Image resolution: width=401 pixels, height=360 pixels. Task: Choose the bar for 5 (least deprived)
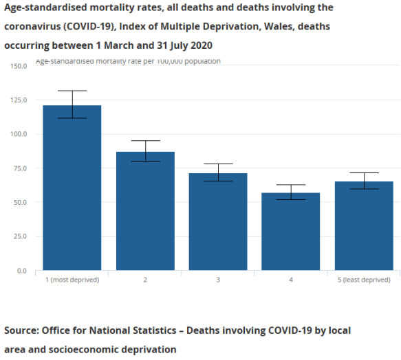pyautogui.click(x=364, y=226)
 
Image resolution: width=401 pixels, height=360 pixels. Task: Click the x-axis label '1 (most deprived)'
pyautogui.click(x=72, y=280)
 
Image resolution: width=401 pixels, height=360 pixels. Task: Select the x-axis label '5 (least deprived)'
pyautogui.click(x=364, y=280)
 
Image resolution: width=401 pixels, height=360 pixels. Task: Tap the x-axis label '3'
pyautogui.click(x=218, y=280)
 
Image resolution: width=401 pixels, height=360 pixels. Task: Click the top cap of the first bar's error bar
pyautogui.click(x=72, y=91)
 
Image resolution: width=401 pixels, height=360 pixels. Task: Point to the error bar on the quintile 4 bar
pyautogui.click(x=291, y=192)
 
